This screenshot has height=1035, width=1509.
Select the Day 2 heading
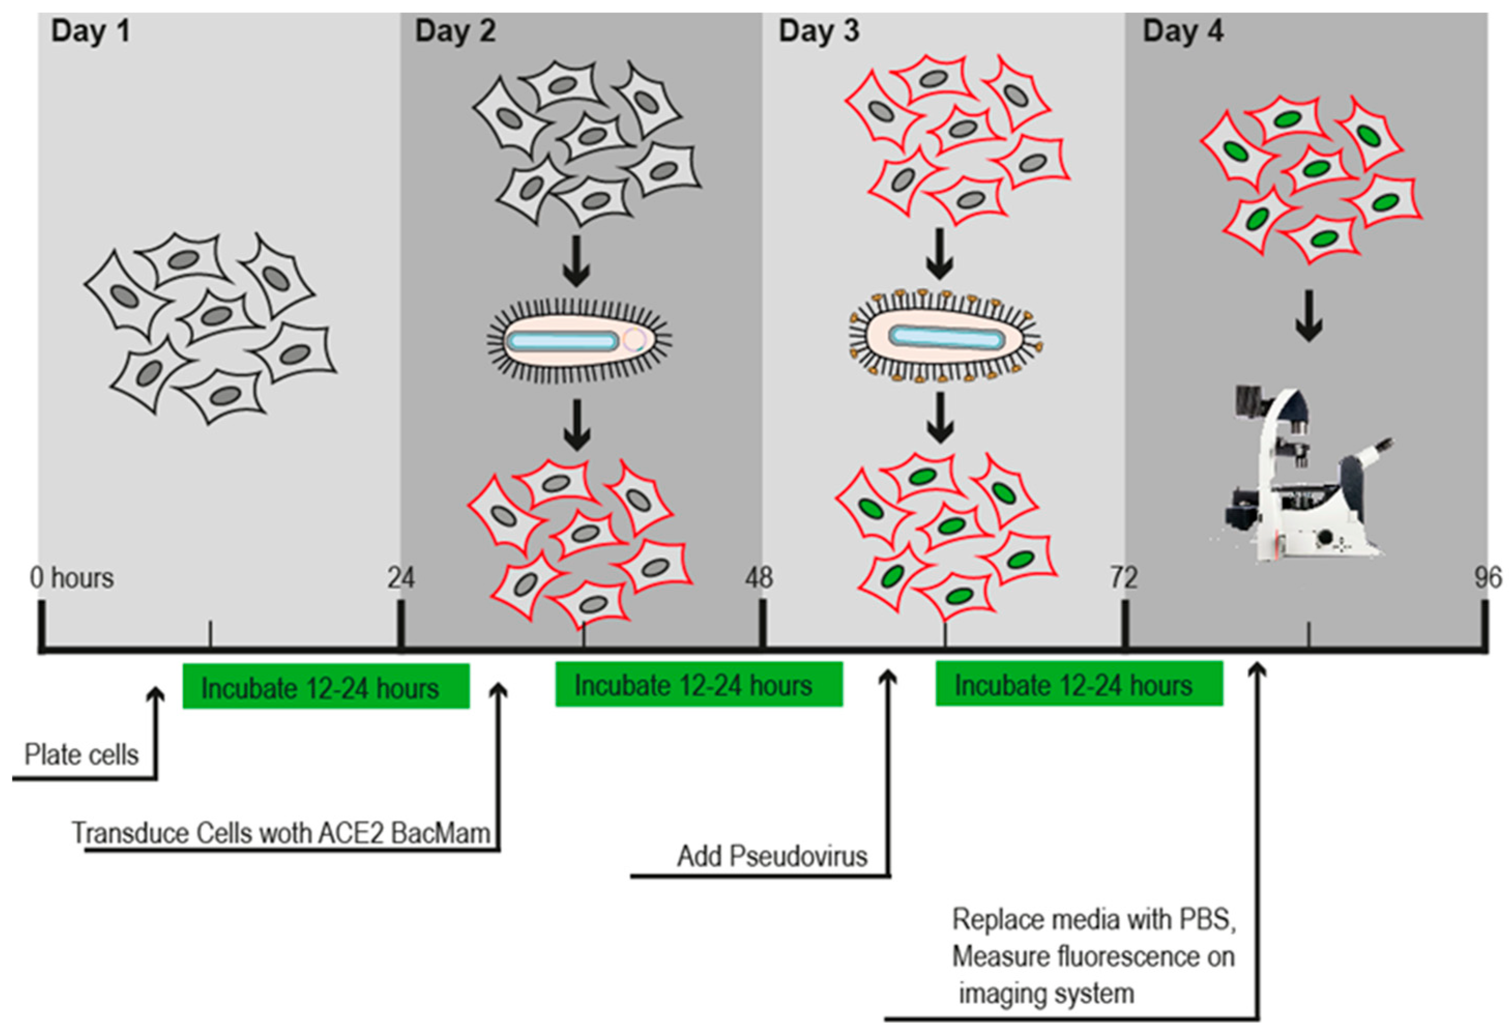pos(455,31)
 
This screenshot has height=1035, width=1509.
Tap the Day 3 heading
pos(819,31)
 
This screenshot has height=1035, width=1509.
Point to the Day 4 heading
pos(1182,31)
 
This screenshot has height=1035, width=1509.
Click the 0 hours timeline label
pos(72,578)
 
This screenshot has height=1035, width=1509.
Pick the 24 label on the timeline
pos(401,578)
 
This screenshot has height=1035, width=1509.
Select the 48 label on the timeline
pos(759,578)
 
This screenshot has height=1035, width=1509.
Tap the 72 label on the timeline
pos(1123,578)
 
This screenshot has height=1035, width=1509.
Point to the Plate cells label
pos(82,755)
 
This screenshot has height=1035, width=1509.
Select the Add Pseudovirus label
pos(772,857)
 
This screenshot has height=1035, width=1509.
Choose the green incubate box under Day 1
pos(326,686)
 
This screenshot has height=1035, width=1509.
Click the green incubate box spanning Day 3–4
pos(1079,684)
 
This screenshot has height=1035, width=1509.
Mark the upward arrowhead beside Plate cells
pos(156,696)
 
